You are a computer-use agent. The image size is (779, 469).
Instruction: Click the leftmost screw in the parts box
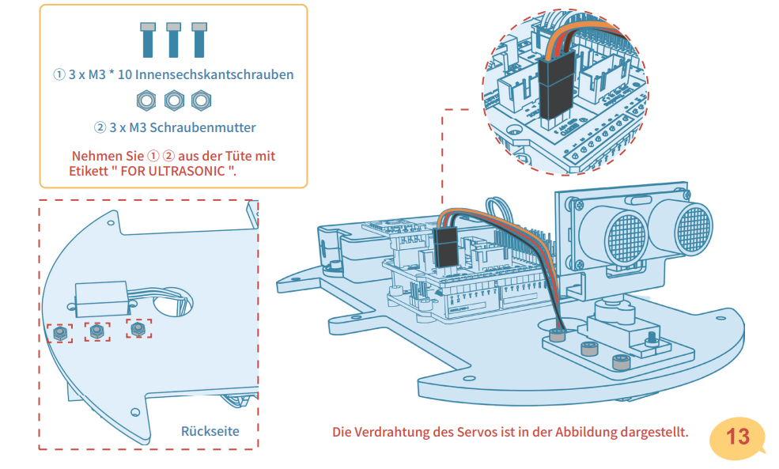[148, 40]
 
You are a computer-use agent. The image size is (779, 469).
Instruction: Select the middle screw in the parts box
[174, 40]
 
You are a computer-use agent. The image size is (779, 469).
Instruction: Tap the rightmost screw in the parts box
[199, 40]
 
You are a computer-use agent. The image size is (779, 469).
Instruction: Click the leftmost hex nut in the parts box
[146, 100]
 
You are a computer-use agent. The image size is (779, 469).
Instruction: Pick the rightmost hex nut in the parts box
[201, 100]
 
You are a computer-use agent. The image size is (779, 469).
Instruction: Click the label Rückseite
[210, 431]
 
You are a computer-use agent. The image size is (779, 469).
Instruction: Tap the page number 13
[737, 437]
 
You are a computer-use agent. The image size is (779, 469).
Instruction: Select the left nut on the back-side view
[59, 333]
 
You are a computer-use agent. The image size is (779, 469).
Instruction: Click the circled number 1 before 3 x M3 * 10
[59, 75]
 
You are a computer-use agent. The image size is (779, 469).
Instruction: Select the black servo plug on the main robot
[446, 246]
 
